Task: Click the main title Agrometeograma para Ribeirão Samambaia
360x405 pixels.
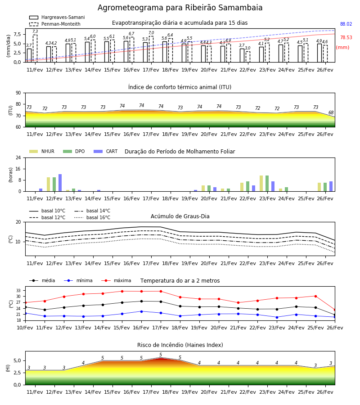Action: tap(180, 8)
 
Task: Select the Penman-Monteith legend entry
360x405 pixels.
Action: tap(55, 24)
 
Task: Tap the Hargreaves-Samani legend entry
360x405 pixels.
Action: tap(57, 17)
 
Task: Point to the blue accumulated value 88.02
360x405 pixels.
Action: tap(346, 24)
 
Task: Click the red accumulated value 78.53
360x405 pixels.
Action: tap(346, 37)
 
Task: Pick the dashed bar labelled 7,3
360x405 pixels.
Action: tap(35, 49)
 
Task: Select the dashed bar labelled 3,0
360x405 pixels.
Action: tap(248, 57)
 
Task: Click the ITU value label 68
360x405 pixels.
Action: tap(331, 112)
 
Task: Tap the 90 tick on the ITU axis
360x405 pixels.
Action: tap(18, 93)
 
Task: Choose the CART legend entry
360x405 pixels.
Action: tap(106, 151)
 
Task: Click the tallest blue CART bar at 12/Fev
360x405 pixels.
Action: tap(60, 183)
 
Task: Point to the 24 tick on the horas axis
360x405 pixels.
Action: tap(18, 157)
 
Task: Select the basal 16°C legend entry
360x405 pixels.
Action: tap(92, 217)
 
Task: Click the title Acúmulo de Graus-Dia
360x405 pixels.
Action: tap(180, 216)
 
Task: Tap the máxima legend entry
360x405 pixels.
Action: tap(116, 280)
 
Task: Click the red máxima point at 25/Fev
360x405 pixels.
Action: tap(315, 296)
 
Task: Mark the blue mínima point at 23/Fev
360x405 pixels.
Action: tap(277, 317)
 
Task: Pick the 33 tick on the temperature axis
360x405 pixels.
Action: tap(18, 291)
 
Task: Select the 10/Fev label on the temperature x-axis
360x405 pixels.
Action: tap(25, 328)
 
